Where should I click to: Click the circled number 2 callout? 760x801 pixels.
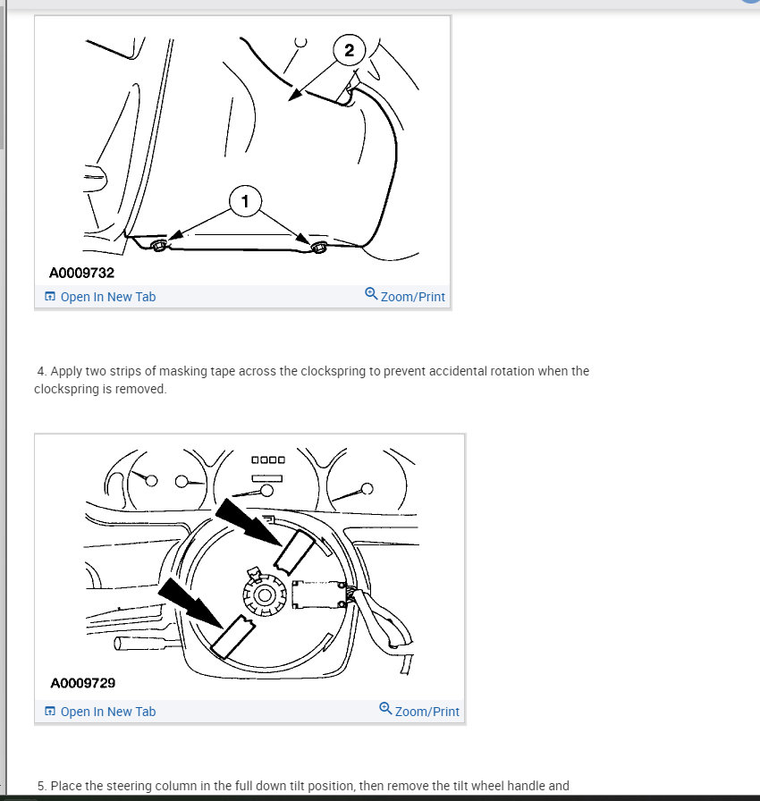click(x=350, y=50)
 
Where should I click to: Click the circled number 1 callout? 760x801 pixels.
click(x=245, y=201)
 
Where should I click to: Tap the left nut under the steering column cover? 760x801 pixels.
click(x=158, y=245)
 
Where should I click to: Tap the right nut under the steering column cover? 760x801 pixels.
click(x=319, y=248)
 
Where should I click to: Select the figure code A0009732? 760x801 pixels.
click(x=81, y=273)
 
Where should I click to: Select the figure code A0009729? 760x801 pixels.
click(x=83, y=683)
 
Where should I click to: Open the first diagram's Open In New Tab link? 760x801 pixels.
click(x=100, y=297)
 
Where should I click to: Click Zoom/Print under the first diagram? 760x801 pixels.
click(x=405, y=296)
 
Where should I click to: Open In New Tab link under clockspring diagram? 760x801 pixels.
click(x=100, y=712)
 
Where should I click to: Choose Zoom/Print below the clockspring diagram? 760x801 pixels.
click(x=419, y=711)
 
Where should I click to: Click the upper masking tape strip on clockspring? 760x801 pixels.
click(x=294, y=551)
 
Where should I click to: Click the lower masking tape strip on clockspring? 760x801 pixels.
click(x=232, y=637)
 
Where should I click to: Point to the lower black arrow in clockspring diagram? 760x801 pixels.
click(x=191, y=603)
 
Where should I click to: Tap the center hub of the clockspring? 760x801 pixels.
click(x=264, y=595)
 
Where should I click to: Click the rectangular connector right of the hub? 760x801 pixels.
click(x=318, y=595)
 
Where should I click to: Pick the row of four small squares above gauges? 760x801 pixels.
click(x=268, y=460)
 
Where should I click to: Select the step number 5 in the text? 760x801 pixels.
click(x=42, y=786)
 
